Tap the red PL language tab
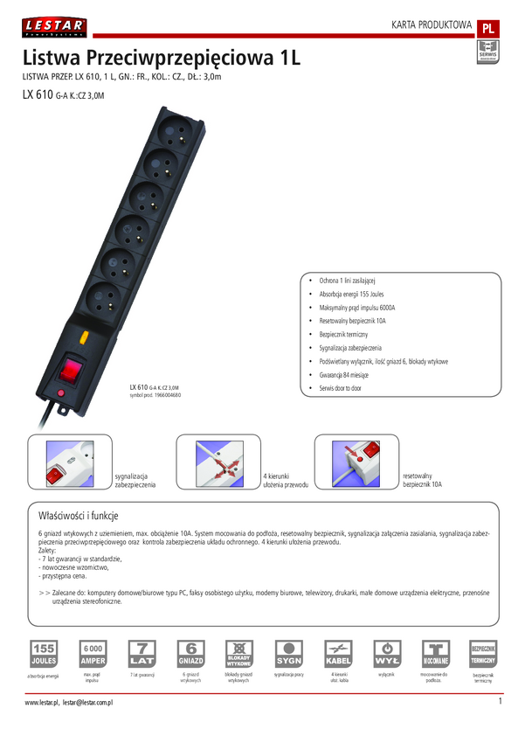[x=488, y=27]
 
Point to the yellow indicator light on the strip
[x=84, y=336]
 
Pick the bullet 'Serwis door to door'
[x=335, y=388]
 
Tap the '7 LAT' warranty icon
[x=142, y=653]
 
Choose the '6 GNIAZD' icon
[x=190, y=653]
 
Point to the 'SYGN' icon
[x=288, y=653]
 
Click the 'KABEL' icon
[x=338, y=653]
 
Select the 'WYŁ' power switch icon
[x=387, y=653]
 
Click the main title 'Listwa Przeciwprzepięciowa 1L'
[x=162, y=59]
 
